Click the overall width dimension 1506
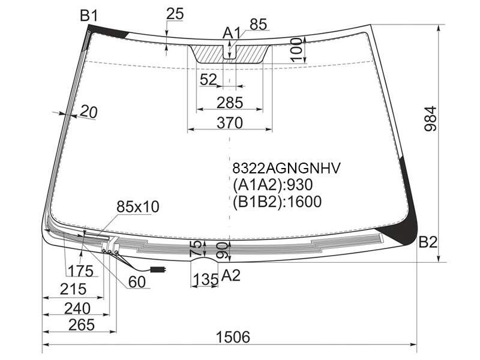point(233,337)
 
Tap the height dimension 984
point(430,119)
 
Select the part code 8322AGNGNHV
point(287,168)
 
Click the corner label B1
point(89,16)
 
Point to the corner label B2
point(428,243)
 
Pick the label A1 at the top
point(232,33)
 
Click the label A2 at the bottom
point(230,275)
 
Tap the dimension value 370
point(230,123)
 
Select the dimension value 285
point(230,103)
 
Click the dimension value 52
point(208,80)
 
